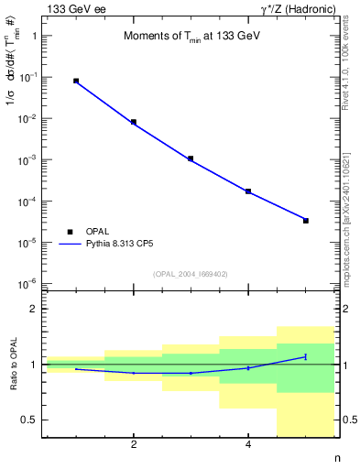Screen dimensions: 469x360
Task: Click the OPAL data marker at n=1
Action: point(76,82)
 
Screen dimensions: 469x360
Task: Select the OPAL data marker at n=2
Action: point(134,122)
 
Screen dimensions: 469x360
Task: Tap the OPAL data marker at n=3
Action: point(191,158)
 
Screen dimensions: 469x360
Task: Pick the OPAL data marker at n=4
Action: point(248,191)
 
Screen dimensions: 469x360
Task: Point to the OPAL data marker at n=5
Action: point(306,221)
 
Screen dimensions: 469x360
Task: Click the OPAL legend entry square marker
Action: point(70,232)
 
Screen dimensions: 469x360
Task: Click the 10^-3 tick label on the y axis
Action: point(28,160)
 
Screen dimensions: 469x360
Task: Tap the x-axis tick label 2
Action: point(134,445)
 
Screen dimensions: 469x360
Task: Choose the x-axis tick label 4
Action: point(248,445)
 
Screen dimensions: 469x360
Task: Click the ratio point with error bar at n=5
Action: point(306,356)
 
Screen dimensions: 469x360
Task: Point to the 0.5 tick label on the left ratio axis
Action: point(29,420)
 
